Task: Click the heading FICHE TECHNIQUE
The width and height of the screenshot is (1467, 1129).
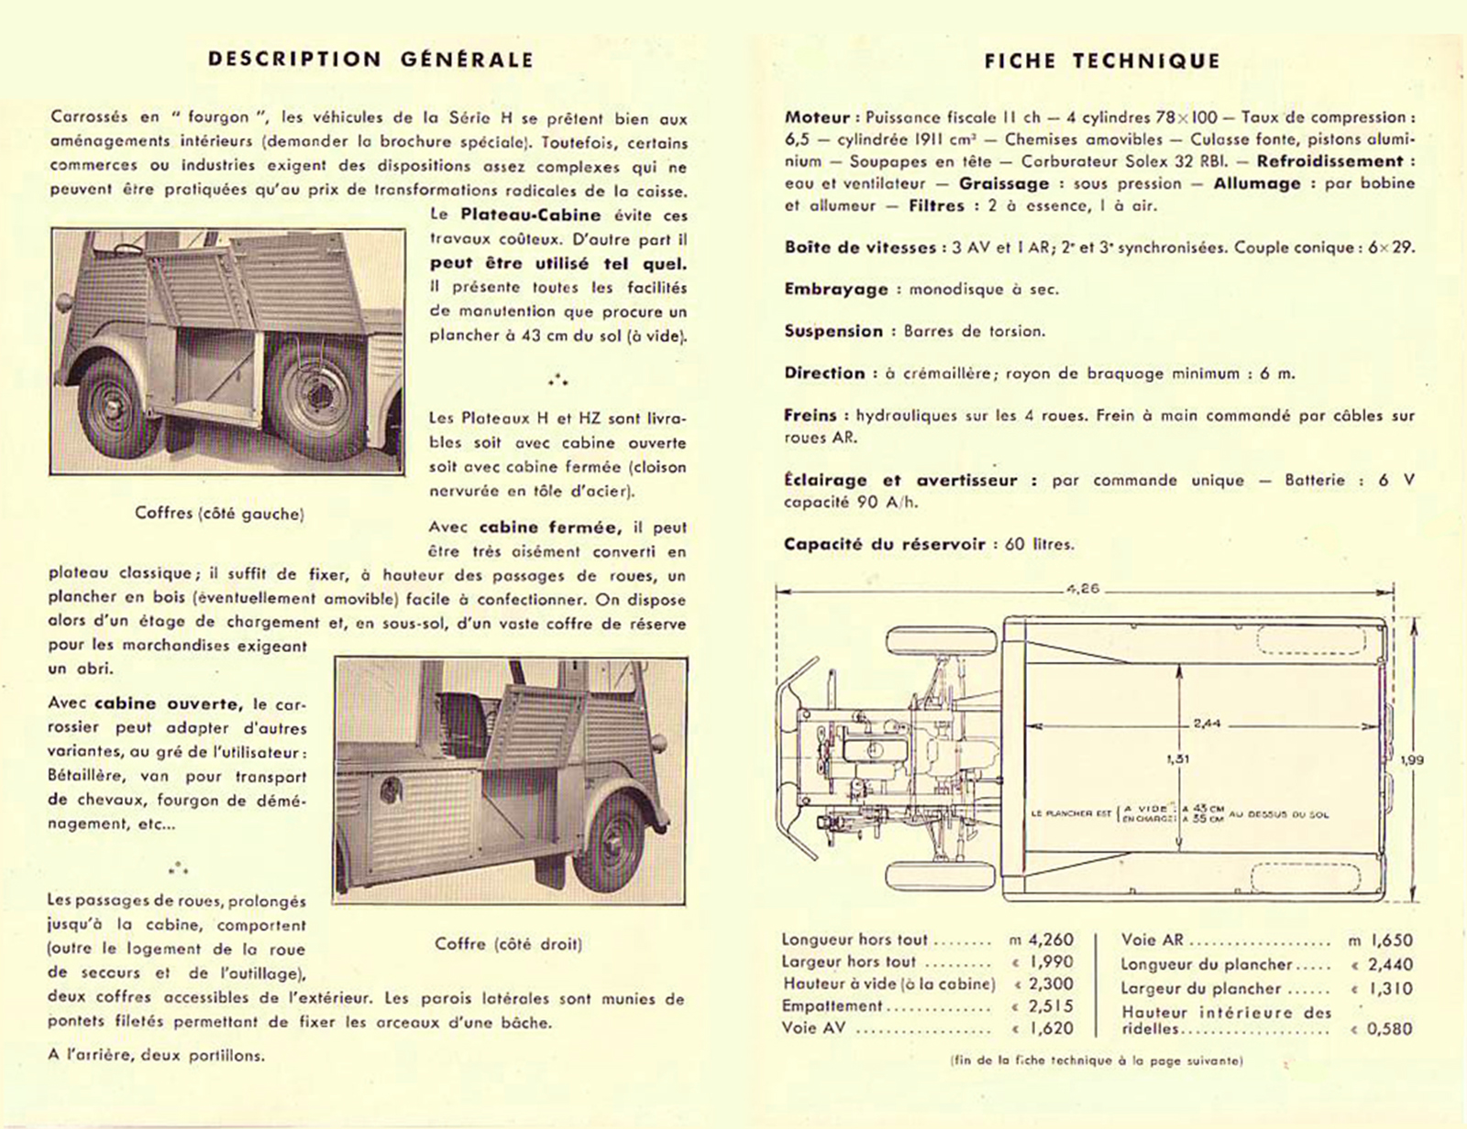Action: point(1102,61)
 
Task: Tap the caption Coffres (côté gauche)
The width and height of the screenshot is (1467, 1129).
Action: point(219,514)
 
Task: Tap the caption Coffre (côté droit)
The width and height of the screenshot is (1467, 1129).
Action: point(509,944)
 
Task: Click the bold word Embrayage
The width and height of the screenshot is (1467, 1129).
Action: point(836,289)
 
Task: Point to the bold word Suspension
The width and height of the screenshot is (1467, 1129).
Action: point(833,331)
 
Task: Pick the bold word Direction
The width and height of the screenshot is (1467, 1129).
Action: point(824,373)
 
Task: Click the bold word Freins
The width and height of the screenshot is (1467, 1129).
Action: point(811,415)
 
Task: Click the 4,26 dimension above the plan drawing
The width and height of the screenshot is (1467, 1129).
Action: point(1083,589)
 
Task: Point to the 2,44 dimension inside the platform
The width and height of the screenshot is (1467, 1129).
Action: point(1207,724)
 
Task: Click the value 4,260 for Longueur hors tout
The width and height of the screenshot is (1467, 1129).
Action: point(1050,940)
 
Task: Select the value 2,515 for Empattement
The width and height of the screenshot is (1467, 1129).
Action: point(1050,1006)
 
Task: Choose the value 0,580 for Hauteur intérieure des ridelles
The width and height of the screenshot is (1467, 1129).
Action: point(1390,1029)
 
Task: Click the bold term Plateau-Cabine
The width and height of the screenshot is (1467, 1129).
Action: point(531,216)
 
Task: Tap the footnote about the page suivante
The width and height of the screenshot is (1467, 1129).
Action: point(1097,1061)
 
